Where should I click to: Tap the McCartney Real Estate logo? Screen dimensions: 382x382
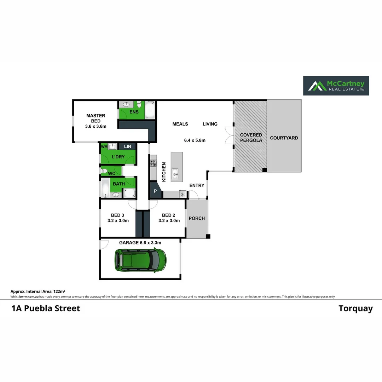tap(336, 86)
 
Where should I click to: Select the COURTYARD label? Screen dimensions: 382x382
tap(284, 138)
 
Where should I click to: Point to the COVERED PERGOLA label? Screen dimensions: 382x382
tap(251, 138)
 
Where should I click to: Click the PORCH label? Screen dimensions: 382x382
tap(197, 218)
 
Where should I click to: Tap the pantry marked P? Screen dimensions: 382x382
tap(155, 191)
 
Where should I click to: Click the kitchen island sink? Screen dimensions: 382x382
tap(175, 173)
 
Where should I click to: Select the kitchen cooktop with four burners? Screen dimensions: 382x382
tap(154, 163)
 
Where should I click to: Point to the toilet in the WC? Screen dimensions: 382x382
tap(104, 172)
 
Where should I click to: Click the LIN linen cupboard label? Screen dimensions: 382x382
tap(127, 146)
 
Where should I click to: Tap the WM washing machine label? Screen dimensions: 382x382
tap(104, 146)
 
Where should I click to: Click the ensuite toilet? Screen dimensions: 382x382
tap(139, 105)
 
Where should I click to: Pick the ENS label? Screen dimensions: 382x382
tap(134, 112)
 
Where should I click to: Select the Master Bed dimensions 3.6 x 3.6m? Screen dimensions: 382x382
tap(95, 126)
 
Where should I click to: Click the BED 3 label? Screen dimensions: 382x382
tap(117, 215)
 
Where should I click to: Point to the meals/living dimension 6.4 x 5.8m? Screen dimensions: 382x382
tap(195, 140)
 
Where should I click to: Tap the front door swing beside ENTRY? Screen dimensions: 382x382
tap(193, 194)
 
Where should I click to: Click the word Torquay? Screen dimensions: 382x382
tap(355, 308)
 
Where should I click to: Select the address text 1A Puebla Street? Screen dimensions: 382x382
tap(46, 308)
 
